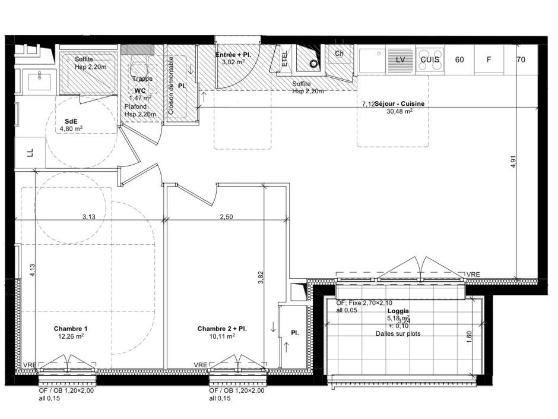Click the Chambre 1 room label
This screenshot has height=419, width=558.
click(x=71, y=329)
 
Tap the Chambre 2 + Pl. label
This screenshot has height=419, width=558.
click(x=221, y=329)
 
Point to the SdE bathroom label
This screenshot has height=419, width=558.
click(x=70, y=121)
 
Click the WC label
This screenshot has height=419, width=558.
click(x=139, y=90)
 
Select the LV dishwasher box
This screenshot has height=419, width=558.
click(x=400, y=59)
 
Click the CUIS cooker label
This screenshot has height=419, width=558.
click(x=430, y=59)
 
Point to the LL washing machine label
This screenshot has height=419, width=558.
click(x=30, y=153)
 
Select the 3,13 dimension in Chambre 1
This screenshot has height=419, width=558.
click(x=88, y=217)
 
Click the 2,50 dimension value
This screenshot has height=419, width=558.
click(x=226, y=217)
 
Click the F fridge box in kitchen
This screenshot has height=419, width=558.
click(x=489, y=59)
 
